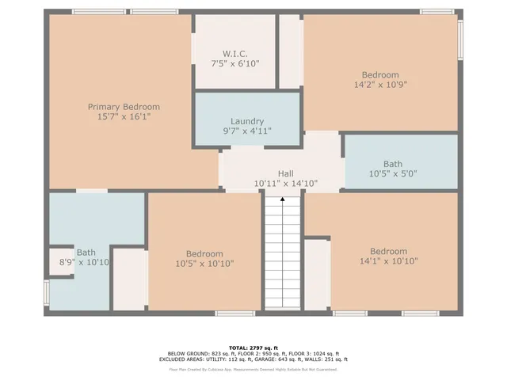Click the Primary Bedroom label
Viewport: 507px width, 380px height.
coord(124,107)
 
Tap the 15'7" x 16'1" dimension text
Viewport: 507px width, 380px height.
coord(124,116)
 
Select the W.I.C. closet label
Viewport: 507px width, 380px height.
coord(234,54)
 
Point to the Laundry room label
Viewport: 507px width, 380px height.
coord(247,122)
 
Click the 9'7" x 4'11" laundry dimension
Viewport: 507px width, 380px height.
coord(247,131)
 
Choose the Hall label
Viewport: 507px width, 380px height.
coord(285,173)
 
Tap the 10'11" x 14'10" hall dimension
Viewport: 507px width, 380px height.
coord(285,183)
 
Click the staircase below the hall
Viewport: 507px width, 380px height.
coord(284,253)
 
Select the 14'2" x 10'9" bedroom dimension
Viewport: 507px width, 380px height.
coord(380,84)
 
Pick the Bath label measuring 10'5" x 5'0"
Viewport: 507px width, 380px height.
coord(392,164)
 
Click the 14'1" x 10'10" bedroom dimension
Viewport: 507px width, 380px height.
coord(388,260)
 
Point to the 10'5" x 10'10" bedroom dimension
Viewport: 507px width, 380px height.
coord(204,264)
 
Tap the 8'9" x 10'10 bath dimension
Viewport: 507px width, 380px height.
coord(84,262)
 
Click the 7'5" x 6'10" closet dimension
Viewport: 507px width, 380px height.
coord(234,63)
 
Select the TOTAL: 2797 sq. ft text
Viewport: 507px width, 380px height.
coord(253,348)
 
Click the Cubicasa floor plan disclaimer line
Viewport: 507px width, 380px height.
coord(253,369)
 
